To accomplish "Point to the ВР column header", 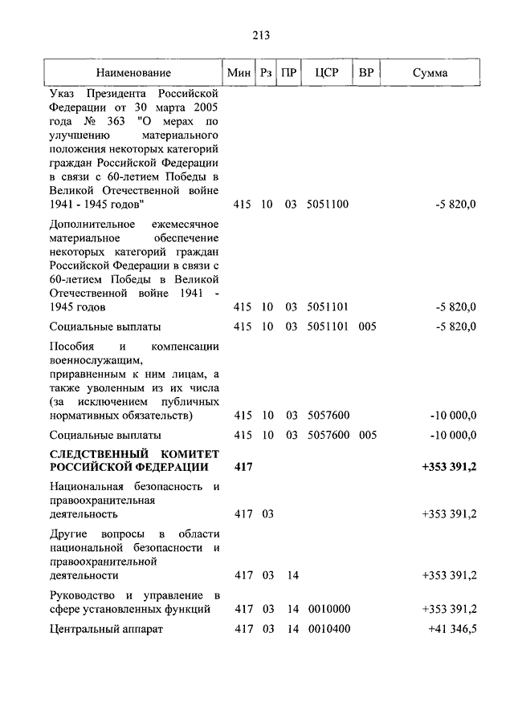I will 366,73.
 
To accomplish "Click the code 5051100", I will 328,205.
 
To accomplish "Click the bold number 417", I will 243,467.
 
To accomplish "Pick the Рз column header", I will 266,73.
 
